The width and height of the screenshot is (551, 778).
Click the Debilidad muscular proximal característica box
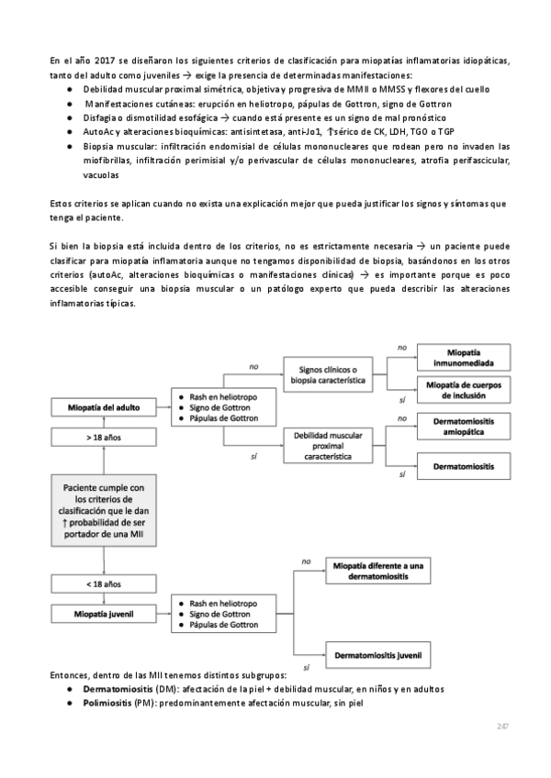coord(333,444)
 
